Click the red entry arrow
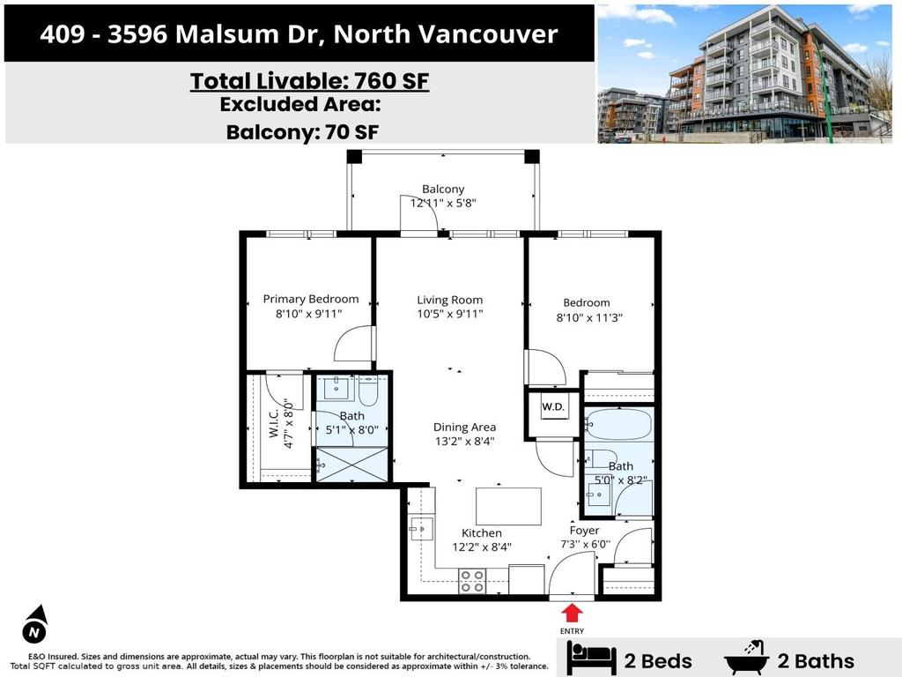573,612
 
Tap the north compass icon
34,625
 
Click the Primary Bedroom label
311,299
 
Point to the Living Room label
449,300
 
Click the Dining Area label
463,427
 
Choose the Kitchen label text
482,532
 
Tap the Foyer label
584,530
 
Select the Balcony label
442,189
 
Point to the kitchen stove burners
472,581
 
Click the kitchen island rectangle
508,506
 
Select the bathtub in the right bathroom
619,424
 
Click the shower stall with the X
352,464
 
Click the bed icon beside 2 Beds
590,658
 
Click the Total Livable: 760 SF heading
309,81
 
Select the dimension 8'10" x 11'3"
590,318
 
